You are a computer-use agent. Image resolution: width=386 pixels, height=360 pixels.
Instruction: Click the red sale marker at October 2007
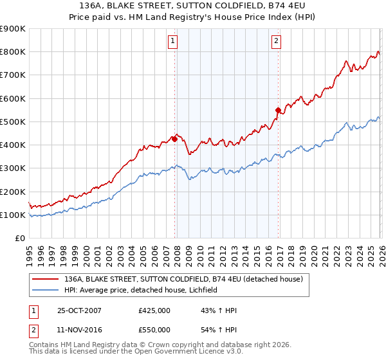pyautogui.click(x=174, y=138)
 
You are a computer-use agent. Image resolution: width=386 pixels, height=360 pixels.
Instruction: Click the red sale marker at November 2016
pyautogui.click(x=278, y=110)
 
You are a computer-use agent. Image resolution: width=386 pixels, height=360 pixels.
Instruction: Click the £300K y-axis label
pyautogui.click(x=13, y=168)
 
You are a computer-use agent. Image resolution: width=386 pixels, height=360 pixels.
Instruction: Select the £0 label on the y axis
pyautogui.click(x=19, y=239)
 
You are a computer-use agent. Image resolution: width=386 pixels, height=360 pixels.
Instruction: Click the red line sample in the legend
pyautogui.click(x=45, y=279)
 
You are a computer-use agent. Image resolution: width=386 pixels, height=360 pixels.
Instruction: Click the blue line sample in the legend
pyautogui.click(x=45, y=290)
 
